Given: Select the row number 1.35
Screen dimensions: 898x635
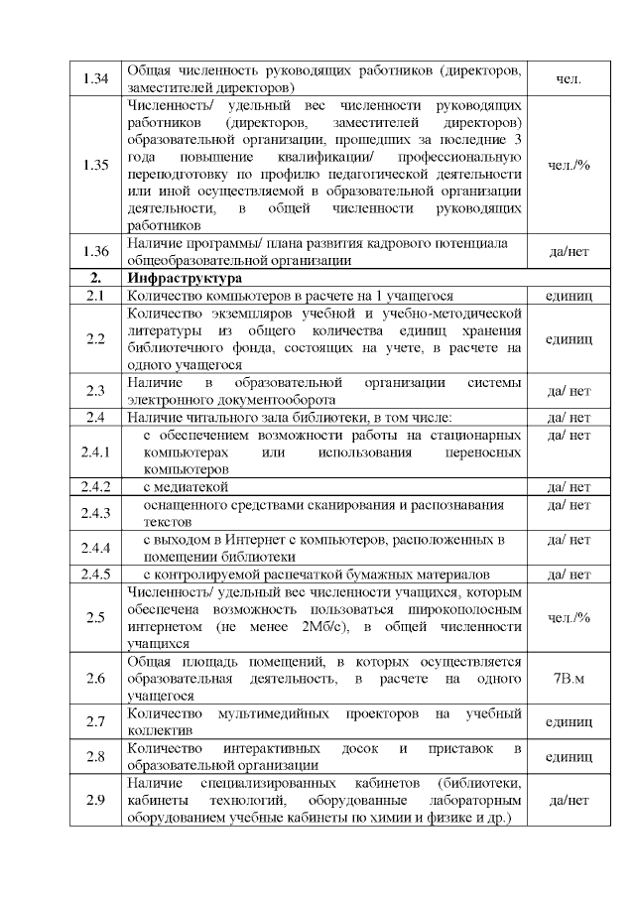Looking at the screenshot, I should click(96, 165).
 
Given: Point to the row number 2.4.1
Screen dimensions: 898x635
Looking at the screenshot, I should click(96, 452).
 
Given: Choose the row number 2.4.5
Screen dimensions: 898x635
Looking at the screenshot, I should click(96, 575).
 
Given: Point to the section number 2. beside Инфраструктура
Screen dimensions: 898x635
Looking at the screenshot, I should click(96, 279).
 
